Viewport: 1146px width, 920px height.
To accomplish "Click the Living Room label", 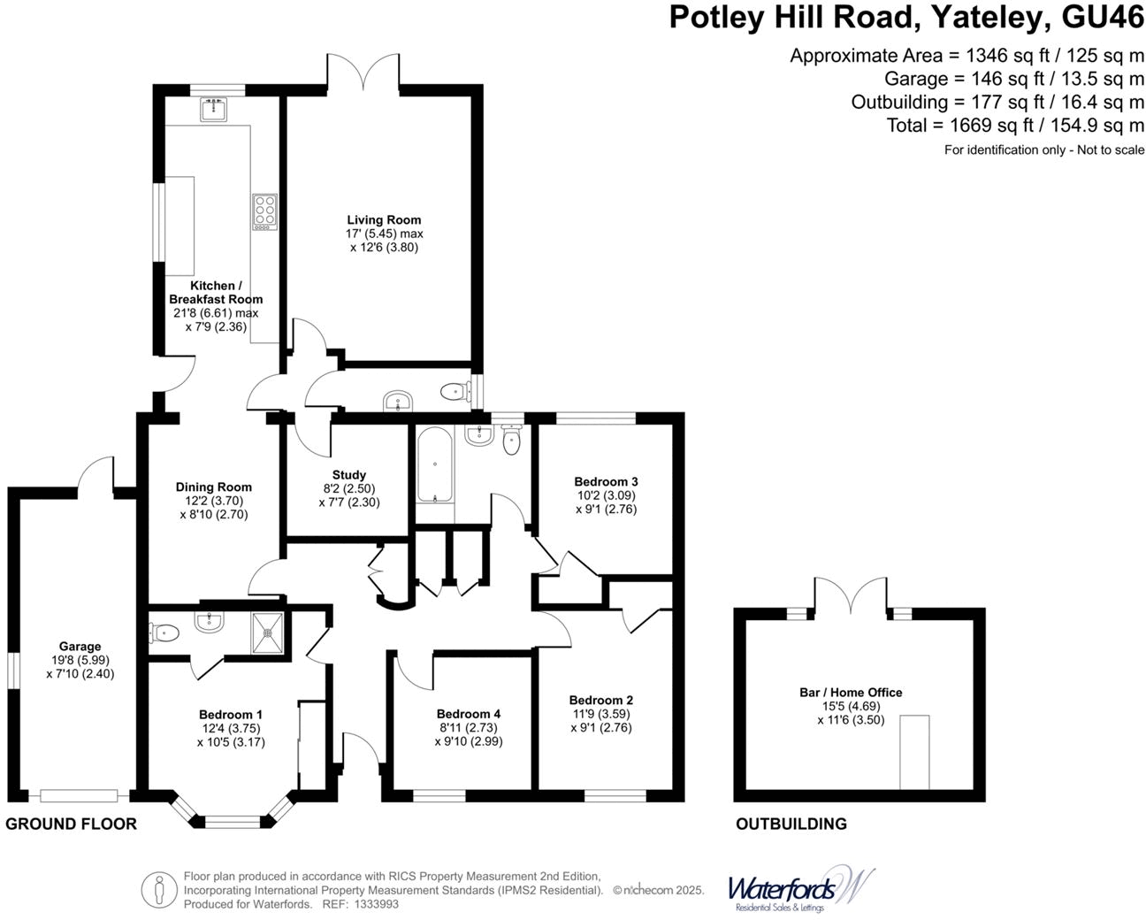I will pyautogui.click(x=384, y=220).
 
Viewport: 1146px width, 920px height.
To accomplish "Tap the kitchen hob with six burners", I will pyautogui.click(x=264, y=211).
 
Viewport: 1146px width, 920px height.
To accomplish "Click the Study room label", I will pyautogui.click(x=348, y=475).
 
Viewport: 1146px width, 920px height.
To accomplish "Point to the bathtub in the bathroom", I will pyautogui.click(x=433, y=465).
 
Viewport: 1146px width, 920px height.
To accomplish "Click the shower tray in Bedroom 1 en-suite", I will pyautogui.click(x=268, y=632).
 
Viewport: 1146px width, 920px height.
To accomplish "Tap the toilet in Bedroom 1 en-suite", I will pyautogui.click(x=165, y=632).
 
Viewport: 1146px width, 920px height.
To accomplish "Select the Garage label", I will pyautogui.click(x=80, y=647).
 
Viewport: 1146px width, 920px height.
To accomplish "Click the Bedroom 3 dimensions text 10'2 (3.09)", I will pyautogui.click(x=606, y=495).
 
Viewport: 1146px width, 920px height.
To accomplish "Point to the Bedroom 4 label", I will pyautogui.click(x=468, y=714).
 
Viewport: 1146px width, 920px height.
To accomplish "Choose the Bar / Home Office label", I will pyautogui.click(x=851, y=693).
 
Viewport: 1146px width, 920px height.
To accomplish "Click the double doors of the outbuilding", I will pyautogui.click(x=851, y=597).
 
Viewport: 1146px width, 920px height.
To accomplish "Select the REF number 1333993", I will pyautogui.click(x=375, y=904).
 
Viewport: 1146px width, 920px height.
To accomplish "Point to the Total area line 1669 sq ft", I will pyautogui.click(x=1015, y=126).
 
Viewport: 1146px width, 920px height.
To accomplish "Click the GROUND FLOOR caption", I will pyautogui.click(x=72, y=824).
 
